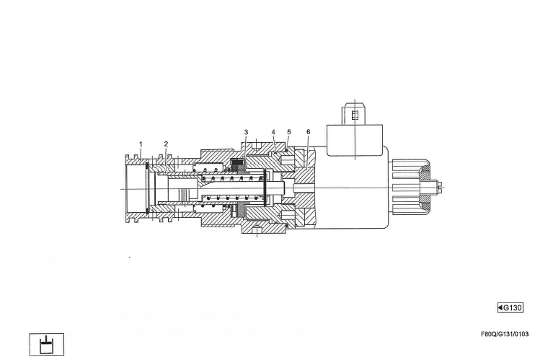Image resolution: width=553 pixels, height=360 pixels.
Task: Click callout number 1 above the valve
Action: click(x=141, y=144)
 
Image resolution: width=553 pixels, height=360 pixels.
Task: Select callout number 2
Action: click(x=166, y=144)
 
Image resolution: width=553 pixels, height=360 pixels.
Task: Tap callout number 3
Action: click(x=246, y=133)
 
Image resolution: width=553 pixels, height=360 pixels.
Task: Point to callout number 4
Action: click(x=273, y=133)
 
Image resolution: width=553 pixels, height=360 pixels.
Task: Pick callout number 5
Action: click(x=288, y=133)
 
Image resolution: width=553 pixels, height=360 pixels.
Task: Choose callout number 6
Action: click(x=308, y=133)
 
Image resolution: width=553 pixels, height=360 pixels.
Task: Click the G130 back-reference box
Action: click(x=510, y=308)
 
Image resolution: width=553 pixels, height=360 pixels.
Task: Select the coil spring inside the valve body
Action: click(x=231, y=189)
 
